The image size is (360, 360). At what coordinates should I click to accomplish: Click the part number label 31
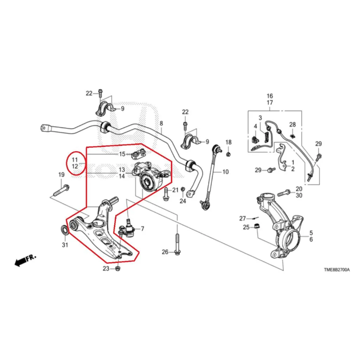click(65, 245)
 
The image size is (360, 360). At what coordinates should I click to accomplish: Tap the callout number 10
click(225, 172)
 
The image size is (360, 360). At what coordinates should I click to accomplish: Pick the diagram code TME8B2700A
click(337, 270)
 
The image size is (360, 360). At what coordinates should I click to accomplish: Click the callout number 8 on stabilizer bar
click(161, 123)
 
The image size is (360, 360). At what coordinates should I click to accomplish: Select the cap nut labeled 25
click(257, 226)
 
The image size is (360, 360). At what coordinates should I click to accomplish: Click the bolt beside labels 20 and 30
click(284, 193)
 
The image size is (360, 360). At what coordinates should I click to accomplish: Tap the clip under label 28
click(292, 136)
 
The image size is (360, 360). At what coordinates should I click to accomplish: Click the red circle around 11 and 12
click(76, 163)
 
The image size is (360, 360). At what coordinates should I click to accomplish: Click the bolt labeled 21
click(166, 194)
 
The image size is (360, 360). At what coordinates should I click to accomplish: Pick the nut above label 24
click(183, 189)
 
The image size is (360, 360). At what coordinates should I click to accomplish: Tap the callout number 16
click(270, 96)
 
